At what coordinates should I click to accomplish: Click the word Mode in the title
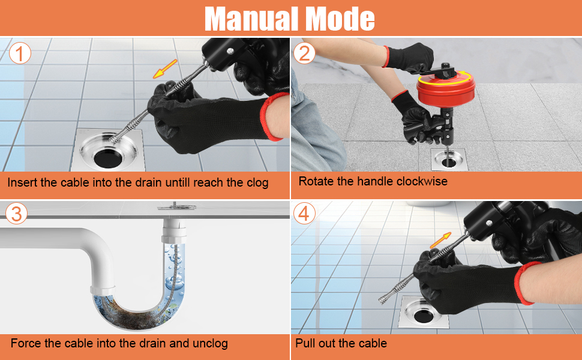pos(340,19)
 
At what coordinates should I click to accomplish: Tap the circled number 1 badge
pos(20,53)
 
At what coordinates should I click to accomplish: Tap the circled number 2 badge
pos(305,53)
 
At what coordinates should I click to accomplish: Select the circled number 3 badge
pos(16,214)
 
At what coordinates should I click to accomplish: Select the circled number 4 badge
pos(305,214)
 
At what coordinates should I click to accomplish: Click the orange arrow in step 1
pos(164,69)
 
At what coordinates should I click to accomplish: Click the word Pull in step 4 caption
pos(305,344)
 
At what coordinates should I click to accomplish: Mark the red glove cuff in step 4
pos(529,283)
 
